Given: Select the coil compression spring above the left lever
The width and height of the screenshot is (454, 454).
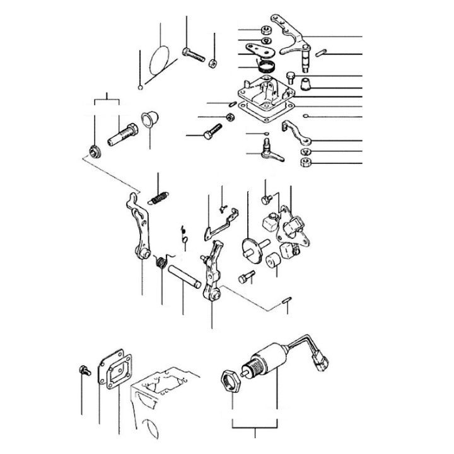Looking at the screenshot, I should point(159,197).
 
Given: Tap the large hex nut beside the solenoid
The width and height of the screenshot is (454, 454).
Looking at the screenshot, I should point(230,381).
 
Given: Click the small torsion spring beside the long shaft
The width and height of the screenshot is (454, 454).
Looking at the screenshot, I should point(161,261).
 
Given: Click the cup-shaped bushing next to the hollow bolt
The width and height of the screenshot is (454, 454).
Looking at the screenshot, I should point(150,118).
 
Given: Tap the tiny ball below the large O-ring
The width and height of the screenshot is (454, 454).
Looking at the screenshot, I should point(139,86).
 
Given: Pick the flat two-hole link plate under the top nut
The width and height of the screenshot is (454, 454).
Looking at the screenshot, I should point(259,50).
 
